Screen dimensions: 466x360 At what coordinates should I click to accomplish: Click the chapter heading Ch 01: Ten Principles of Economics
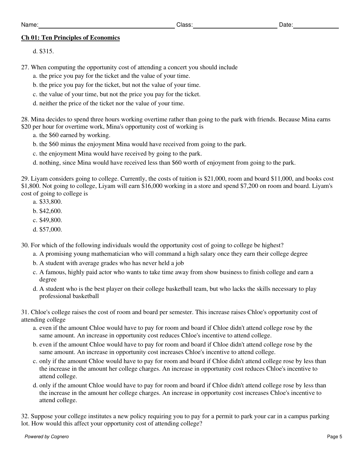(70, 38)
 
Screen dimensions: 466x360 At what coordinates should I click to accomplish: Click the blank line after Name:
(106, 26)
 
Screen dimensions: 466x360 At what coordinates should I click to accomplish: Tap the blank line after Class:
(235, 26)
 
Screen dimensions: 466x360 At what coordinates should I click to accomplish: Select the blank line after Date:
(316, 26)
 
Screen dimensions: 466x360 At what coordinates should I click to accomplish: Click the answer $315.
(47, 51)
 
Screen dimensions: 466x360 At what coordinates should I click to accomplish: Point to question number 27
(25, 67)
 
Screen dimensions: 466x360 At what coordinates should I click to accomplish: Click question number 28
(25, 120)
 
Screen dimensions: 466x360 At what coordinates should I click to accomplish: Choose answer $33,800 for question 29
(51, 202)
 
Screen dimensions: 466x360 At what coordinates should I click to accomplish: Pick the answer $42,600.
(51, 211)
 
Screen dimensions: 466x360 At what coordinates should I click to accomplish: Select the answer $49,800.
(51, 220)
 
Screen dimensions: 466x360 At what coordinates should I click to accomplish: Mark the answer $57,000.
(51, 230)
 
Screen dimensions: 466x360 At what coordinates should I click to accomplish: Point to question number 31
(25, 312)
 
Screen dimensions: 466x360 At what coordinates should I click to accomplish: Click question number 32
(25, 416)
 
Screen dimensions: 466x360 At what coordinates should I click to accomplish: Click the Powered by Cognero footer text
(47, 437)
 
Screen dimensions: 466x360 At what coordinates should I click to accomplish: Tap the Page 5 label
(335, 437)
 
